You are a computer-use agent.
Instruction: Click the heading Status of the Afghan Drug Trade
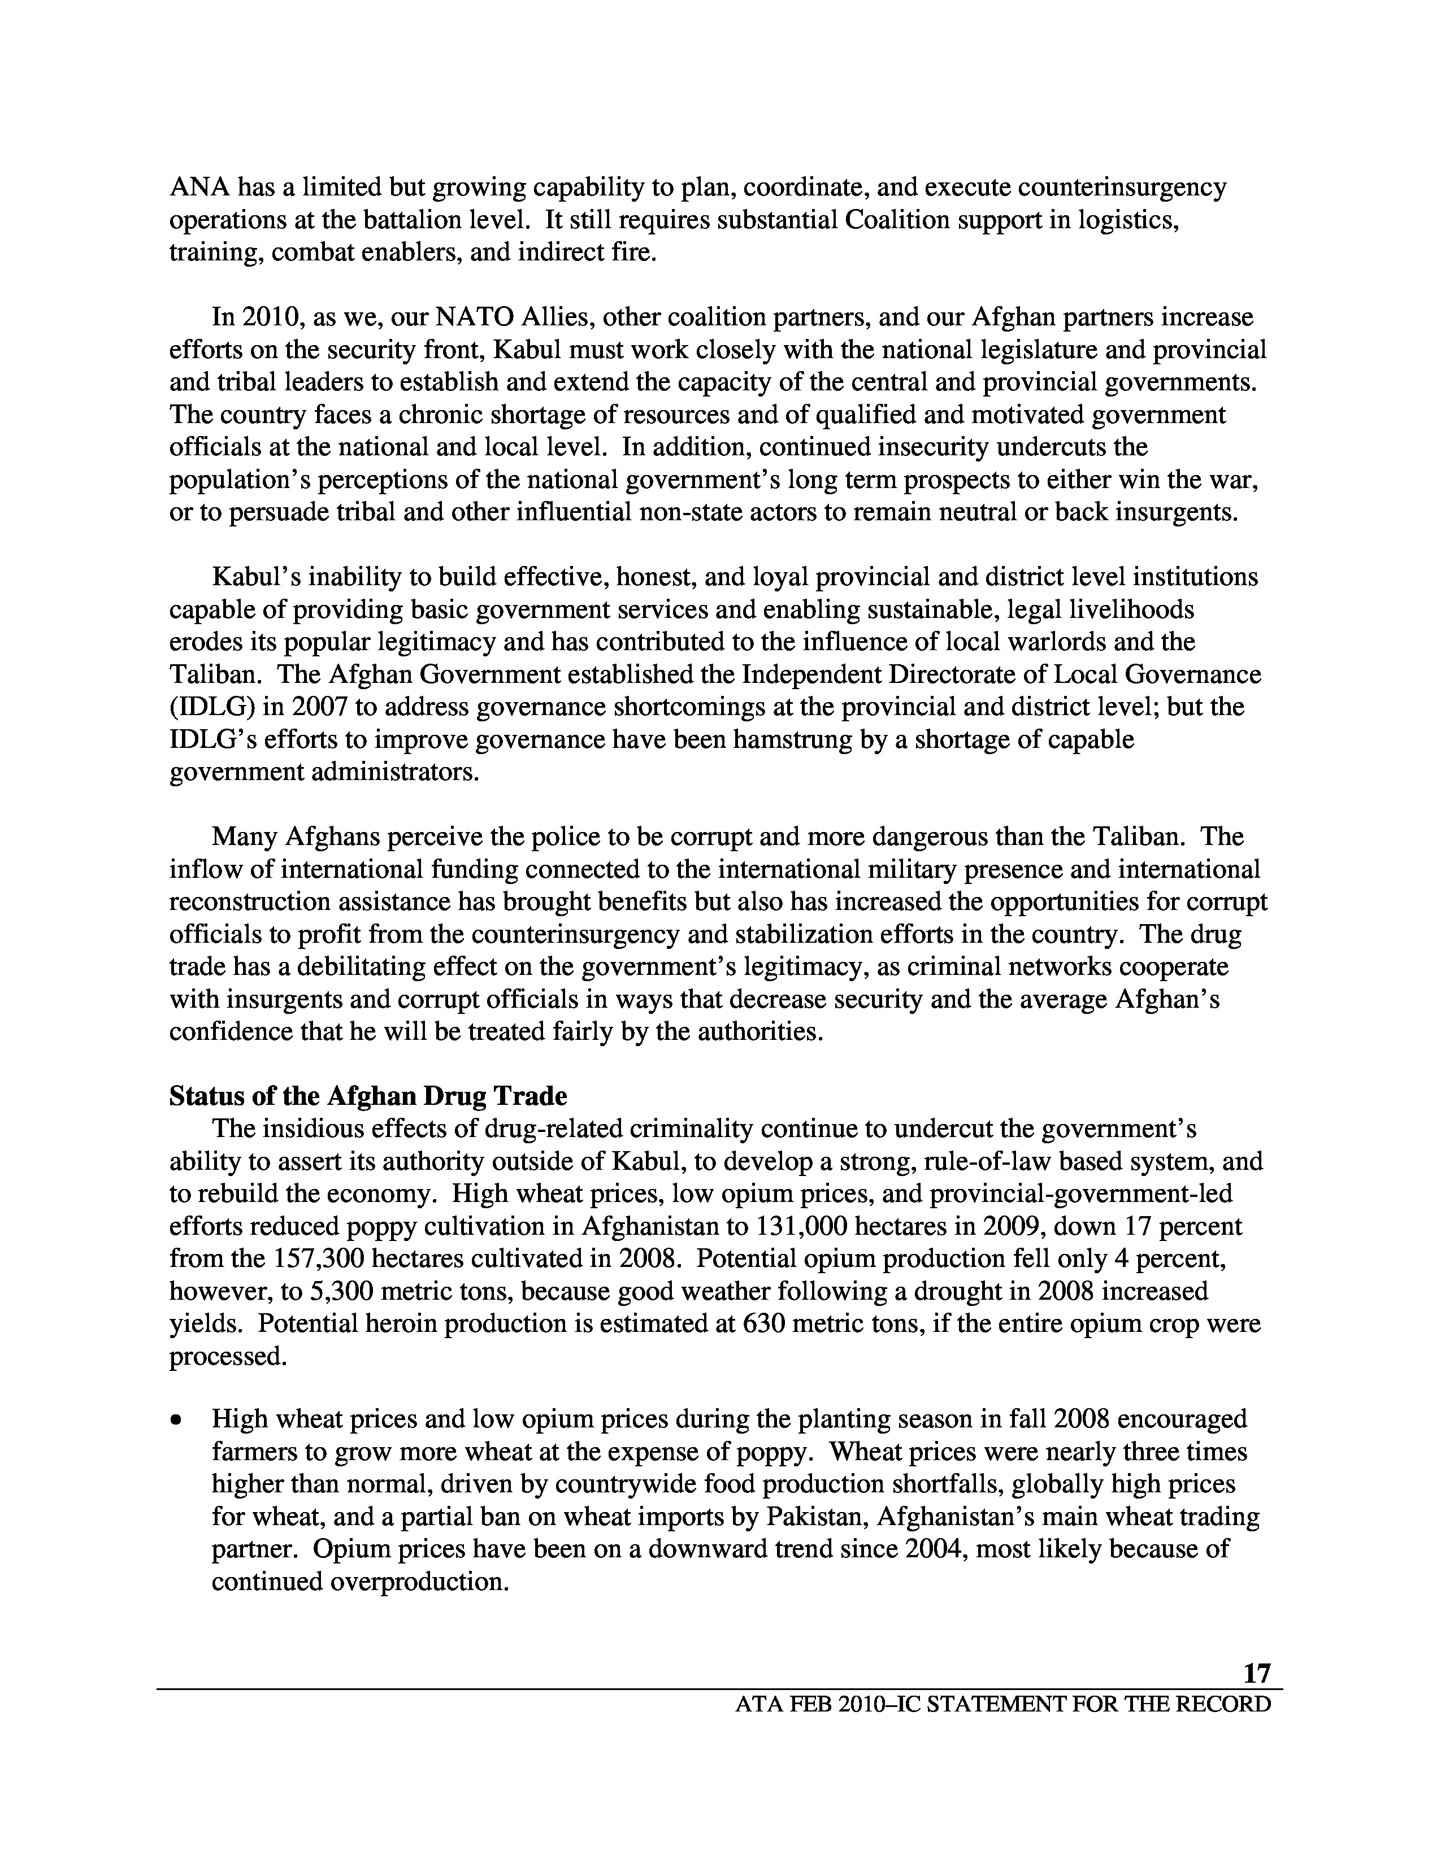point(368,1096)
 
